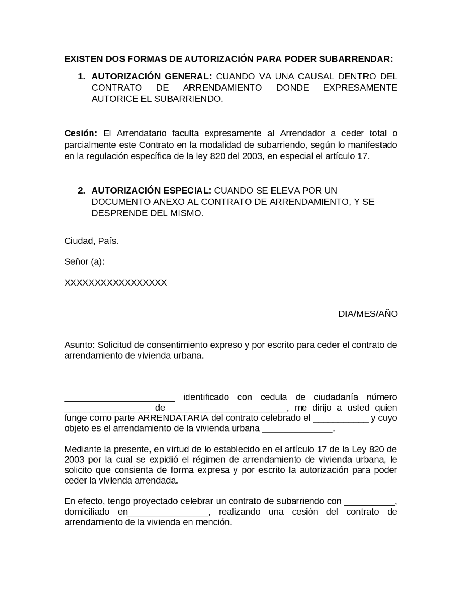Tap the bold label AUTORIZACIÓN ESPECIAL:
click(151, 190)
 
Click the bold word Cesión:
click(81, 133)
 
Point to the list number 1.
click(81, 77)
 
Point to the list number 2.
click(81, 190)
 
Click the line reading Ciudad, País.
click(91, 241)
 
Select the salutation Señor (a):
click(84, 261)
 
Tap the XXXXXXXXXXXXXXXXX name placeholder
click(115, 282)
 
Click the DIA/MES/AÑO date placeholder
click(368, 314)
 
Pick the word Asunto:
click(80, 345)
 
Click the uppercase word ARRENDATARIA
click(173, 418)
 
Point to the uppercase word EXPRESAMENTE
click(360, 88)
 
